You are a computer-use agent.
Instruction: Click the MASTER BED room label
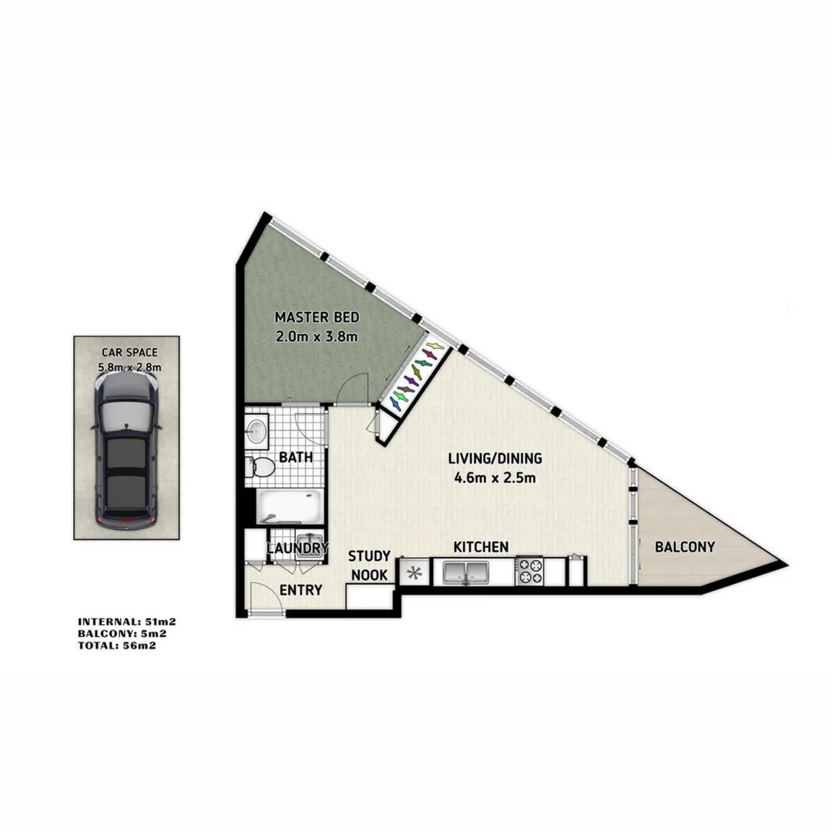[x=317, y=317]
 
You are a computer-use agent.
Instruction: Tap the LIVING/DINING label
[x=495, y=458]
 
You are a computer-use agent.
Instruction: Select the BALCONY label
[x=684, y=547]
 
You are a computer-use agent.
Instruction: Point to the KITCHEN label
[x=480, y=547]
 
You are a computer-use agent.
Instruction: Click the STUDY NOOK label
[x=370, y=565]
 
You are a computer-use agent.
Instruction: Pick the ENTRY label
[x=300, y=590]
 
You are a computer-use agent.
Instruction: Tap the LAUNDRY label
[x=297, y=549]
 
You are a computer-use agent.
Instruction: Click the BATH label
[x=296, y=457]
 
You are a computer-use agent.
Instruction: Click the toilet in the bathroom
[x=260, y=468]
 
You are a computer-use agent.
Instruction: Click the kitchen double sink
[x=465, y=572]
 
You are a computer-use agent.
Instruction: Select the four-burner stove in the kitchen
[x=529, y=571]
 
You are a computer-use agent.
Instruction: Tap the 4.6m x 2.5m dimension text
[x=495, y=478]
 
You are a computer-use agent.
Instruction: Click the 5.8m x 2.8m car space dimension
[x=129, y=367]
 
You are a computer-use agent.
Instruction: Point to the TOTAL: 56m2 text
[x=122, y=646]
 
